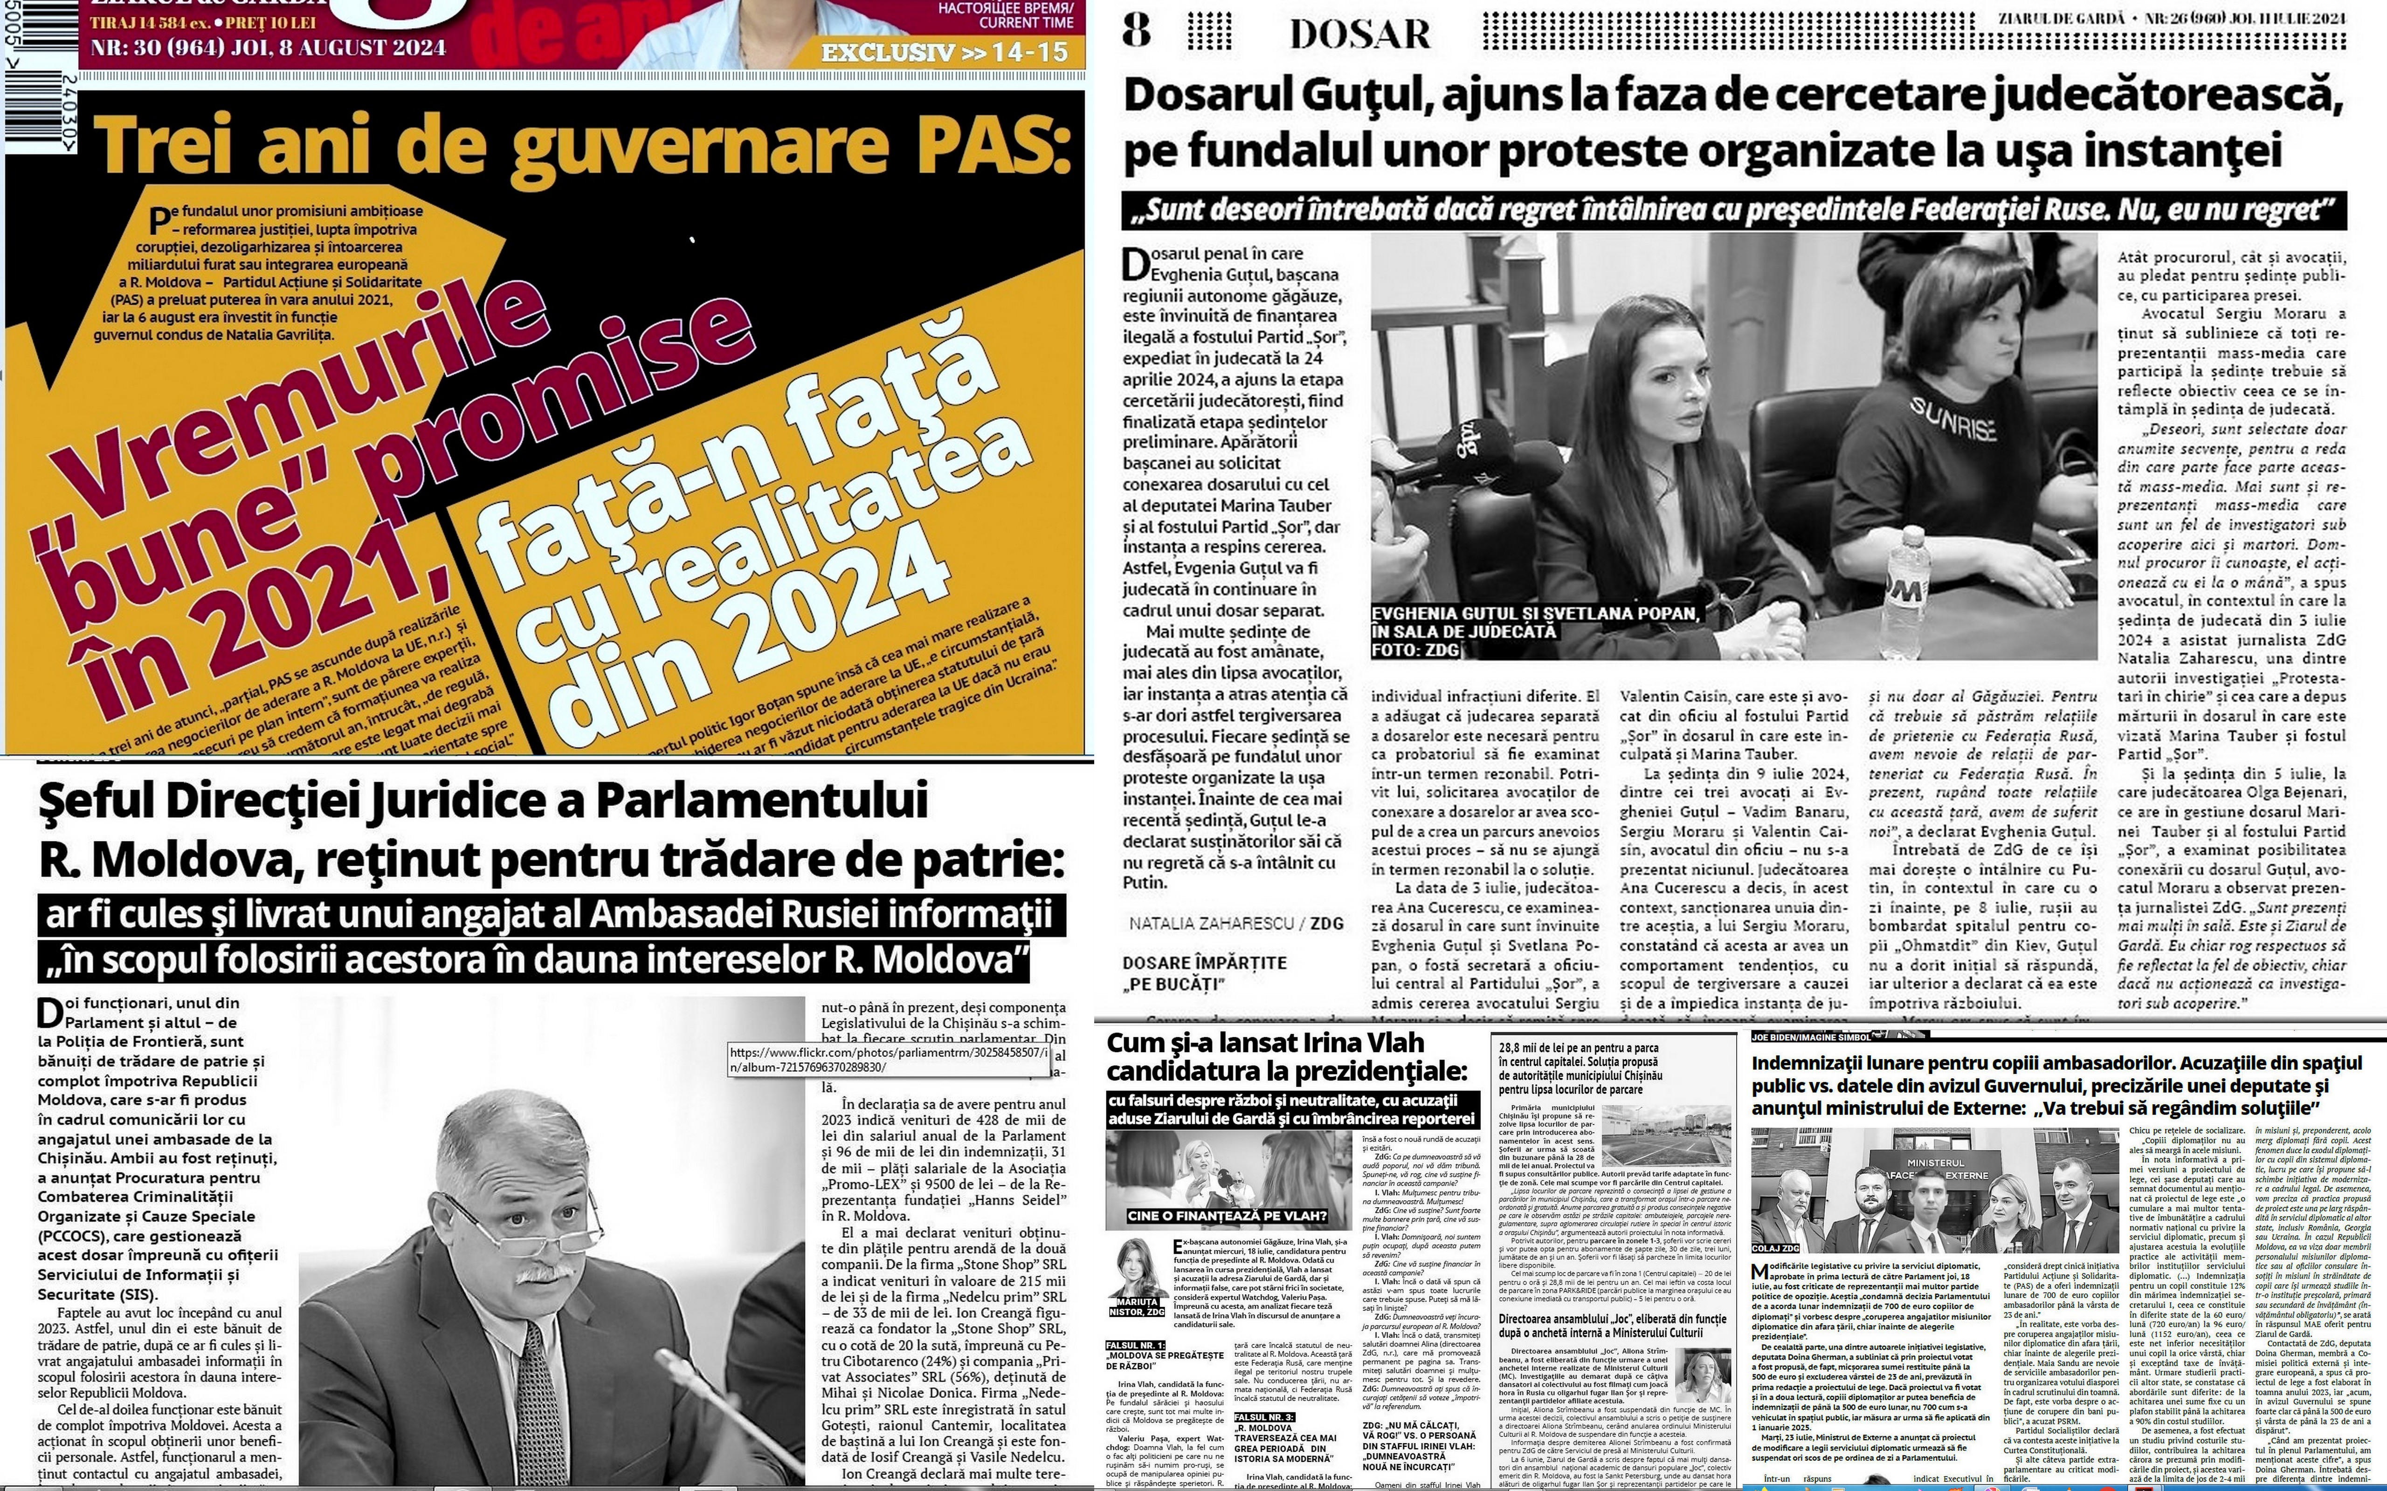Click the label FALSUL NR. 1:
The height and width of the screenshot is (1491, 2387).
pos(1135,1345)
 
